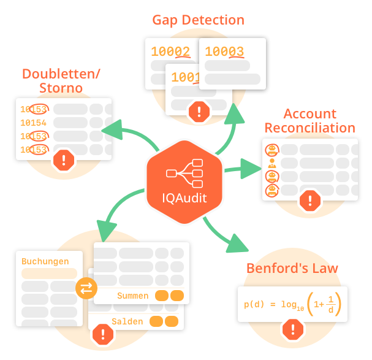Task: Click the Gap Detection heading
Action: click(198, 20)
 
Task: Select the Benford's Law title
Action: click(292, 269)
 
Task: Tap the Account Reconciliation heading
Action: click(309, 121)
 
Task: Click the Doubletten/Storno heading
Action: click(61, 81)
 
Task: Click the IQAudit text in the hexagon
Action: click(184, 198)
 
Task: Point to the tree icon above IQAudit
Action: click(184, 173)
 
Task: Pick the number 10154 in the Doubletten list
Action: click(34, 123)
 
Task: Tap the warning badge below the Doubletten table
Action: click(64, 161)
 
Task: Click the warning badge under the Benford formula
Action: click(292, 331)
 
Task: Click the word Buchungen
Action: click(45, 261)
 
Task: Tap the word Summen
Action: click(133, 296)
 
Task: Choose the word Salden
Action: click(127, 321)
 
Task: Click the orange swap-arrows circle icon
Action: click(86, 289)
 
